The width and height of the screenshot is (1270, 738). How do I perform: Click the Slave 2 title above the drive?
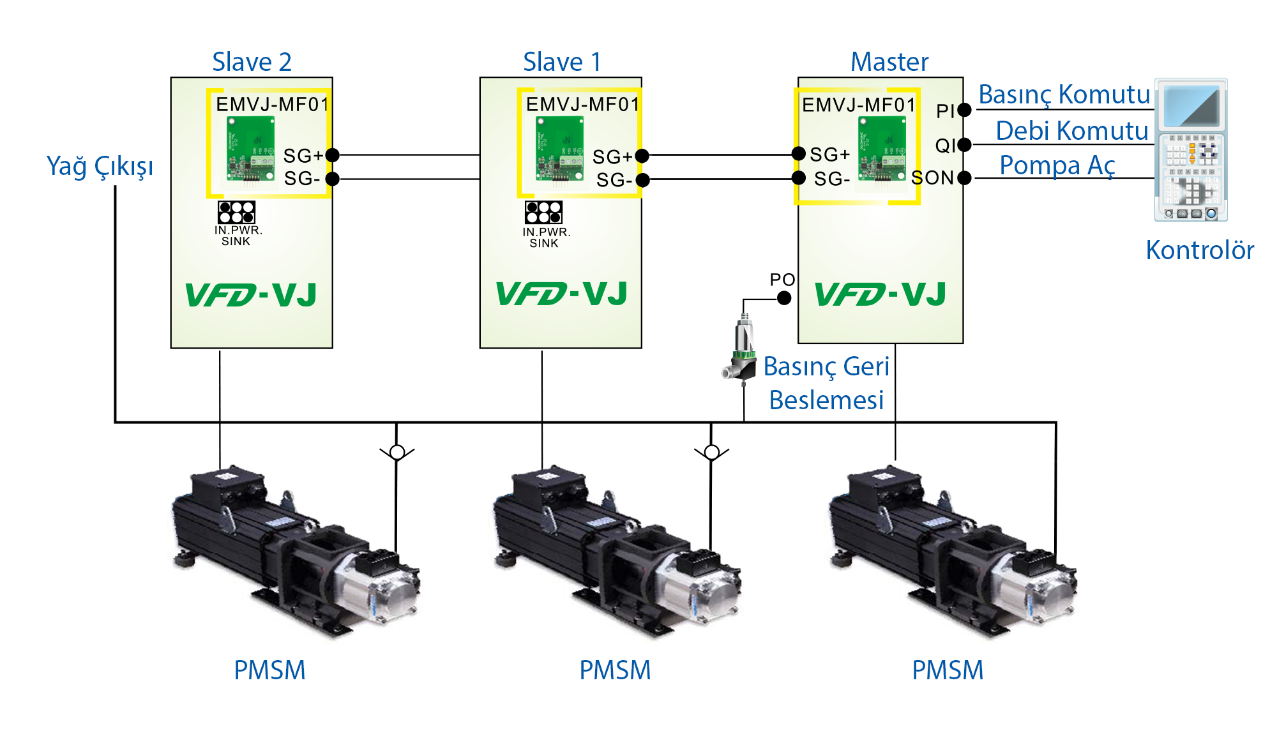pyautogui.click(x=252, y=62)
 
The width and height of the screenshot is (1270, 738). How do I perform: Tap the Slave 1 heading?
pyautogui.click(x=562, y=62)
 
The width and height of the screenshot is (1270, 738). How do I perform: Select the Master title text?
pyautogui.click(x=889, y=62)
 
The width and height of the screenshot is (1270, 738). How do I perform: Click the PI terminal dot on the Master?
pyautogui.click(x=964, y=110)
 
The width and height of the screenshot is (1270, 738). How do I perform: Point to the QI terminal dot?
pyautogui.click(x=964, y=145)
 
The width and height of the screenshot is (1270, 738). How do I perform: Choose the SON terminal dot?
pyautogui.click(x=964, y=177)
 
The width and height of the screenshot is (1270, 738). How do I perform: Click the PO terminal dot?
pyautogui.click(x=784, y=297)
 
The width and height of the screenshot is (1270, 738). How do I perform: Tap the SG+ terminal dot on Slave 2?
pyautogui.click(x=332, y=154)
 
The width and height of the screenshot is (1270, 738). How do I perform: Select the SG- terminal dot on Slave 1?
pyautogui.click(x=642, y=180)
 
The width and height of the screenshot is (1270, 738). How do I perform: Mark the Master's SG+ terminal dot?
pyautogui.click(x=798, y=153)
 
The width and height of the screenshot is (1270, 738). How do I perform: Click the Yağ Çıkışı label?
pyautogui.click(x=100, y=167)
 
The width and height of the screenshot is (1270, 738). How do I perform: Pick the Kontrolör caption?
pyautogui.click(x=1200, y=250)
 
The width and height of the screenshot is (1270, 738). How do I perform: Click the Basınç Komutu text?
pyautogui.click(x=1064, y=94)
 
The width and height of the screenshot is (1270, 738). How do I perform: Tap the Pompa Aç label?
pyautogui.click(x=1057, y=165)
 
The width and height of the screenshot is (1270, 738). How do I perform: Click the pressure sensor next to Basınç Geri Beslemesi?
pyautogui.click(x=740, y=349)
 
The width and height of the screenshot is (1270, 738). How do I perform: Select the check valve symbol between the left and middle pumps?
pyautogui.click(x=397, y=452)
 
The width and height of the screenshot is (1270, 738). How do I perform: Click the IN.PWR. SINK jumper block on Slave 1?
pyautogui.click(x=543, y=212)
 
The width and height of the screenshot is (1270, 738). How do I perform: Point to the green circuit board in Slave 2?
pyautogui.click(x=251, y=149)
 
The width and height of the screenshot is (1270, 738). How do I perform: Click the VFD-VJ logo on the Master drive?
pyautogui.click(x=880, y=294)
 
